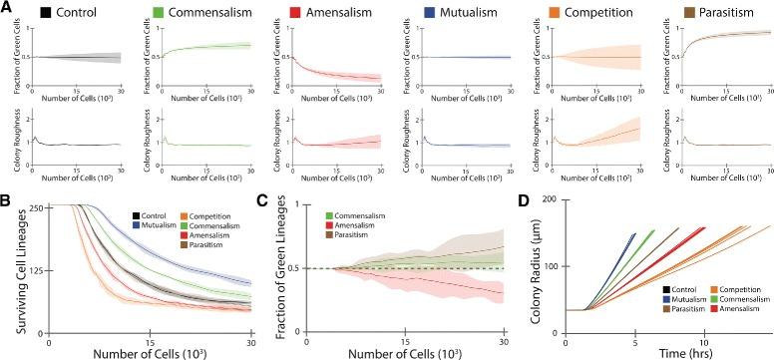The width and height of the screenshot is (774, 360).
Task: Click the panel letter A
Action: tap(6, 8)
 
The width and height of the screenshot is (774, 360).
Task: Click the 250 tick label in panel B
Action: tap(37, 205)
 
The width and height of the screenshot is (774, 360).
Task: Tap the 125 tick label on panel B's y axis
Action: tap(37, 269)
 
